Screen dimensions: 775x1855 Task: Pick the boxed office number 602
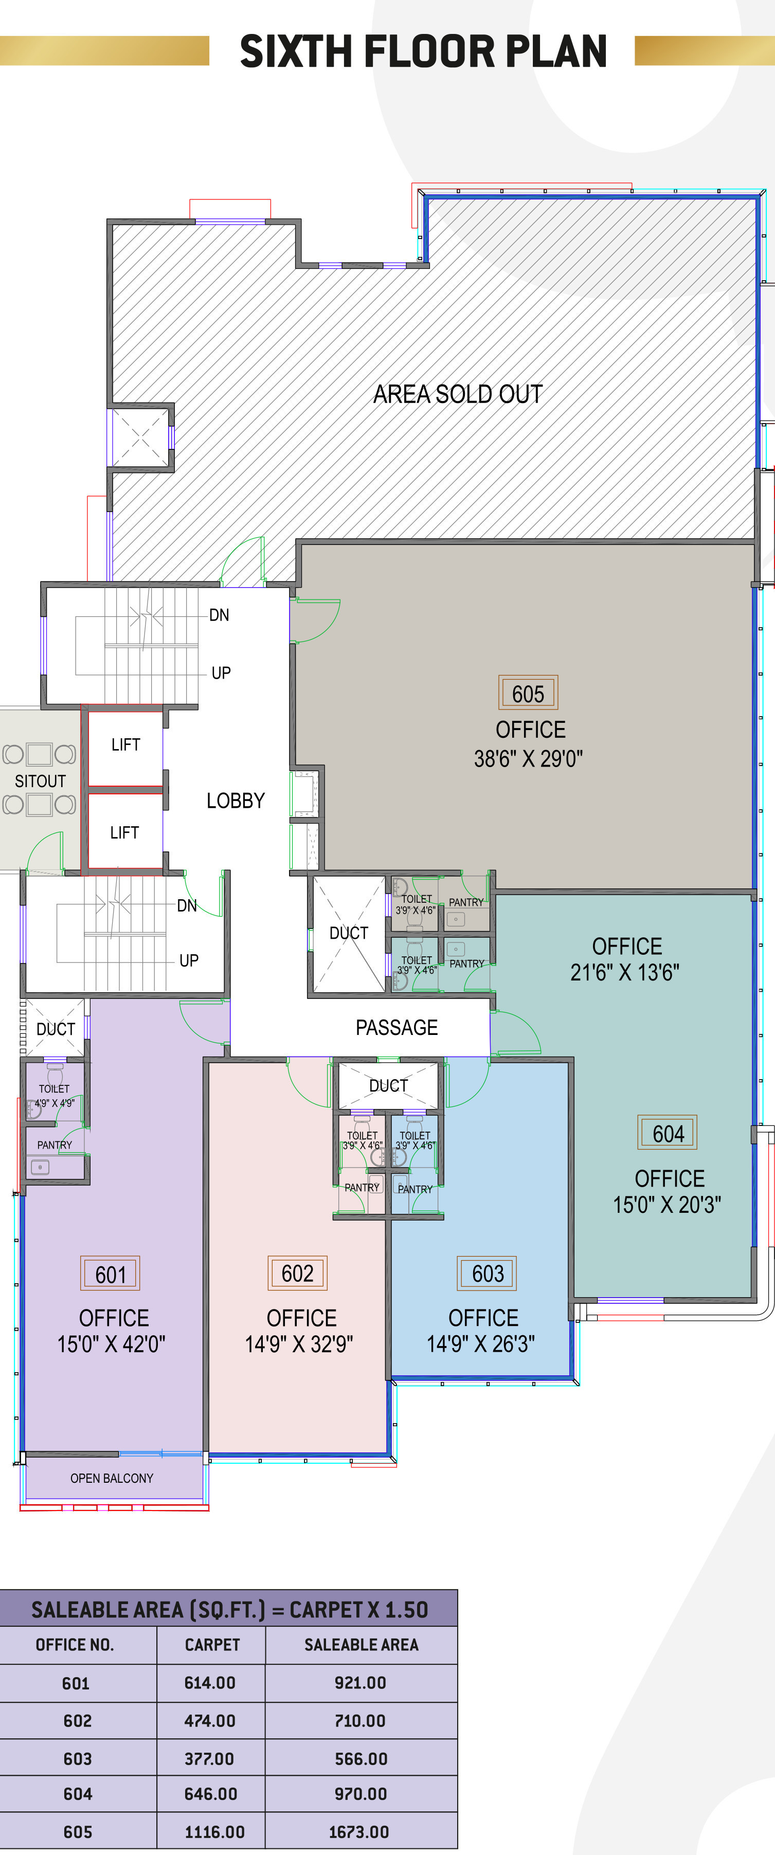(297, 1273)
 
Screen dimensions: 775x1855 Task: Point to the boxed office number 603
(488, 1273)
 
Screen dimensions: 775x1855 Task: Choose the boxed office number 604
(668, 1133)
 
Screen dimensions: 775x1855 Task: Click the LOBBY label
(236, 800)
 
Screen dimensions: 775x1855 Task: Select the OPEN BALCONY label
(112, 1478)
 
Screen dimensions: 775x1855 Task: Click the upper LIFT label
(125, 744)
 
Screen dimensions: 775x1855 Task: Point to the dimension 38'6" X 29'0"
(528, 758)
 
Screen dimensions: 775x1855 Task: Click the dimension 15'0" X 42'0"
(112, 1344)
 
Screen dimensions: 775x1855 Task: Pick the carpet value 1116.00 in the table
(214, 1831)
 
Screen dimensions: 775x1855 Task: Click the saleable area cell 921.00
(360, 1682)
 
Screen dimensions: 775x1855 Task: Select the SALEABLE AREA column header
(361, 1644)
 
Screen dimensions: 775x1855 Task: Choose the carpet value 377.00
(209, 1758)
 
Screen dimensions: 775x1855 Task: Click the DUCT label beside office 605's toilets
(349, 933)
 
